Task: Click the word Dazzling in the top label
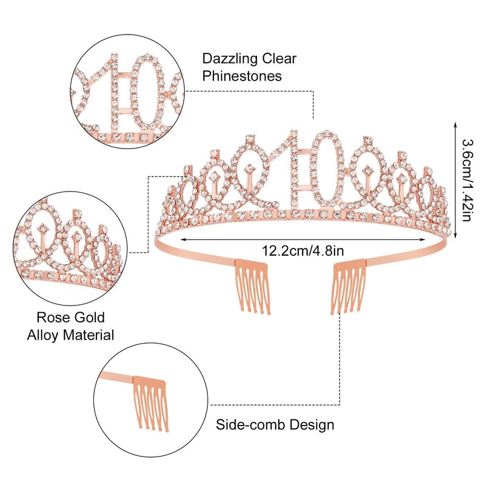point(229,59)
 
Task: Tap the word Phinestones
point(242,76)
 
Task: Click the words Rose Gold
point(71,317)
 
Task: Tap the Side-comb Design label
point(275,425)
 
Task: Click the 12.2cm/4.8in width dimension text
point(303,250)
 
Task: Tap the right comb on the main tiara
point(348,286)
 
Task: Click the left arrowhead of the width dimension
point(183,239)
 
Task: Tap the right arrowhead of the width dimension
point(423,239)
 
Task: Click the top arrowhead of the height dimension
point(455,125)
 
